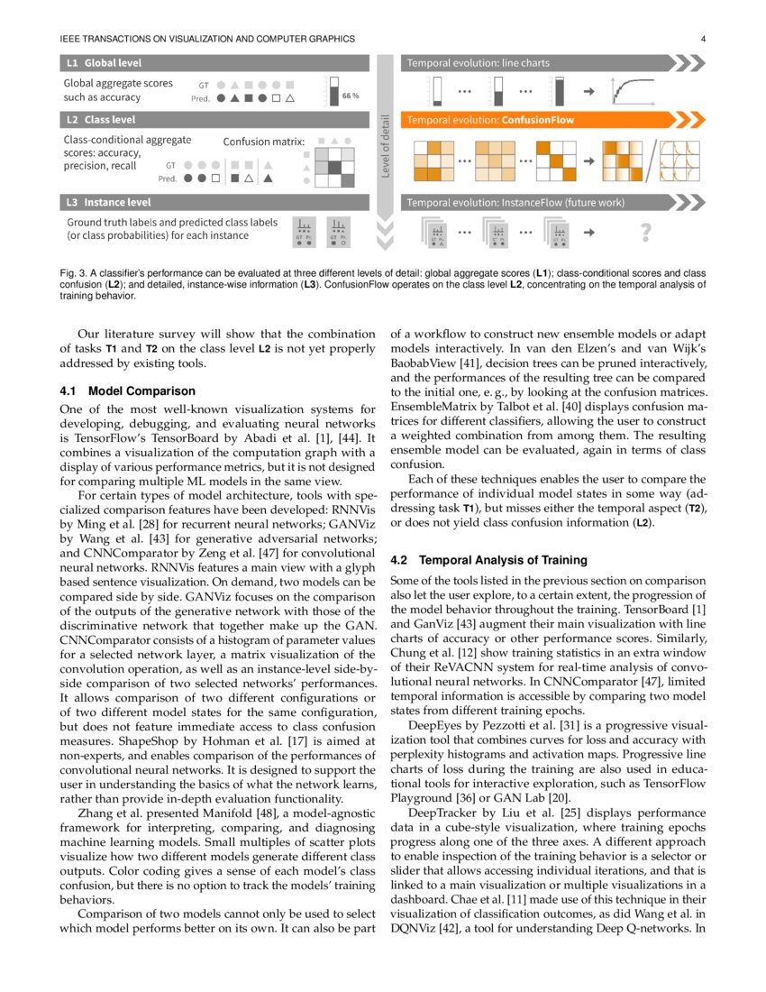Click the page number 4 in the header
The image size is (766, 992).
(701, 39)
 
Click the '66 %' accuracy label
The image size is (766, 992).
(351, 95)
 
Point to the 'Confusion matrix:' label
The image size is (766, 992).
(264, 142)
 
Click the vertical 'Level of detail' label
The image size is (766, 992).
(386, 146)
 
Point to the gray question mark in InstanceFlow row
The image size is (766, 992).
(645, 233)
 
